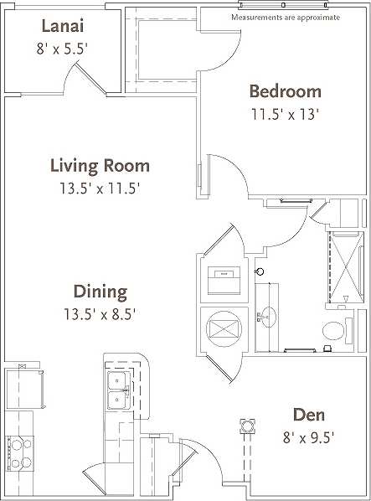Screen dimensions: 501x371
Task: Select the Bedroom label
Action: pyautogui.click(x=286, y=90)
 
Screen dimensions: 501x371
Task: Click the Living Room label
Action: pyautogui.click(x=100, y=165)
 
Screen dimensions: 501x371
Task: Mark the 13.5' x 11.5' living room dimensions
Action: pyautogui.click(x=100, y=188)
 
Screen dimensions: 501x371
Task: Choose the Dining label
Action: pyautogui.click(x=100, y=292)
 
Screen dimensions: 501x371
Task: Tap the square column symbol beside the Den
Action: pyautogui.click(x=246, y=425)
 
